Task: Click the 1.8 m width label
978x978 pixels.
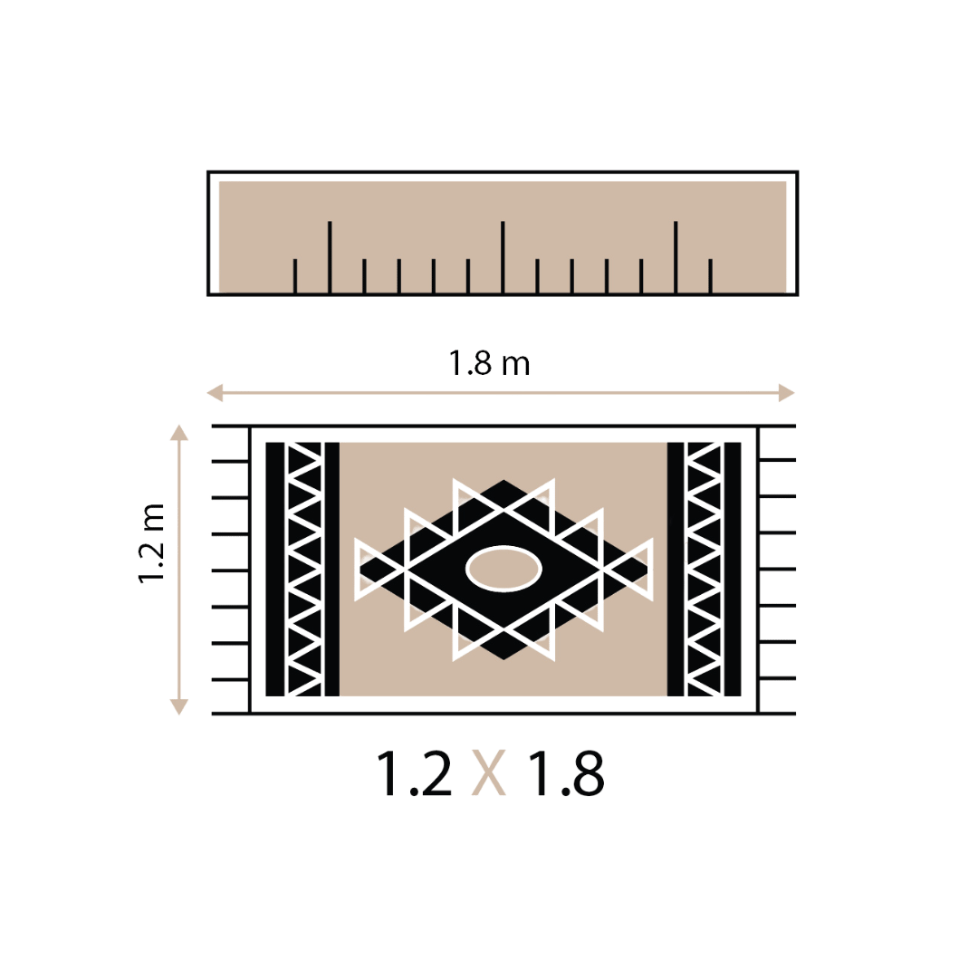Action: (490, 364)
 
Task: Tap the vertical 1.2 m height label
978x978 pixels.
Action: (151, 542)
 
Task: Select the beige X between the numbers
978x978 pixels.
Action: (488, 773)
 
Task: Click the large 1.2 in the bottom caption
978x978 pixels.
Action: (414, 773)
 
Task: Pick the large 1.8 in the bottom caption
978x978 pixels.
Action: (566, 773)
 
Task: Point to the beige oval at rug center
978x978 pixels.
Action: (504, 569)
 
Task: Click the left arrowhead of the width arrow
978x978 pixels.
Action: (215, 393)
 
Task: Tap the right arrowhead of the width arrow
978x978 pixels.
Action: (787, 393)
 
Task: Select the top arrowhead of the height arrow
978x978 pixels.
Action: (179, 432)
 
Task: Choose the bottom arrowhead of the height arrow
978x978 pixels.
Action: (179, 706)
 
